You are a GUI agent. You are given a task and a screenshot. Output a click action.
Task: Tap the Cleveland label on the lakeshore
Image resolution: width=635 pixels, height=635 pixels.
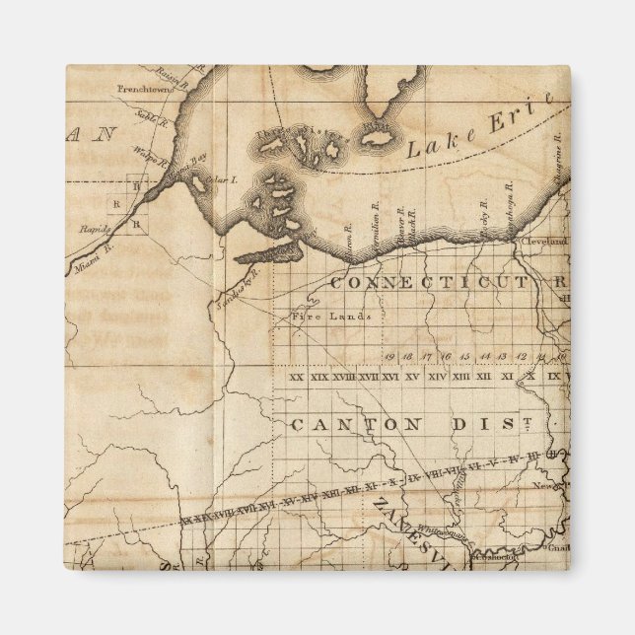click(x=545, y=241)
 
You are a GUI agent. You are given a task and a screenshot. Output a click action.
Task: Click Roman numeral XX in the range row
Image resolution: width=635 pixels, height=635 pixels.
click(x=296, y=377)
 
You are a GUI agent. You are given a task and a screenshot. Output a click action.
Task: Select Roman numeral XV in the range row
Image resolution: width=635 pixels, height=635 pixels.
click(x=412, y=377)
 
